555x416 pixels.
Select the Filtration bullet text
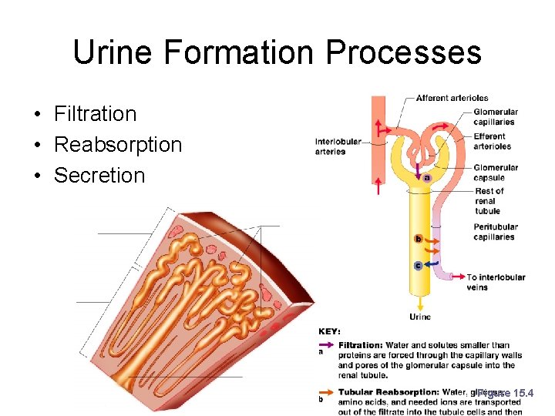pos(95,114)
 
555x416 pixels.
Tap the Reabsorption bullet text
pos(118,145)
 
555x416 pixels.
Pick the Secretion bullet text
pos(99,176)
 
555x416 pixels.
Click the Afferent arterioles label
pos(452,98)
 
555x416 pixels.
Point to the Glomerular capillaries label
pos(496,117)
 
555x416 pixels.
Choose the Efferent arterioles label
pos(492,142)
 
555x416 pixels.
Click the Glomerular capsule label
pos(496,173)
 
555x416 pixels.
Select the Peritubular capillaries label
pos(496,232)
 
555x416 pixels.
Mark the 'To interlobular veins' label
pos(496,282)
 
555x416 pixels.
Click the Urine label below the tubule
pos(420,317)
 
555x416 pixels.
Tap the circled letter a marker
pos(427,178)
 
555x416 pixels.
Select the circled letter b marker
pos(419,239)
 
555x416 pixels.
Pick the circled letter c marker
pos(419,266)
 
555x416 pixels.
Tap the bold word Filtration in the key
pos(360,345)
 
